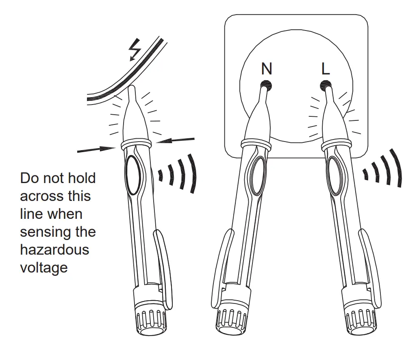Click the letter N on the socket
[x=267, y=69]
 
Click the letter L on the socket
[x=326, y=69]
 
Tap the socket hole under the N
[x=266, y=85]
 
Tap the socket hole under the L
[x=326, y=85]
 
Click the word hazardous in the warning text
[x=54, y=249]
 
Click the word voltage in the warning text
[x=43, y=267]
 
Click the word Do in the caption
[x=30, y=178]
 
